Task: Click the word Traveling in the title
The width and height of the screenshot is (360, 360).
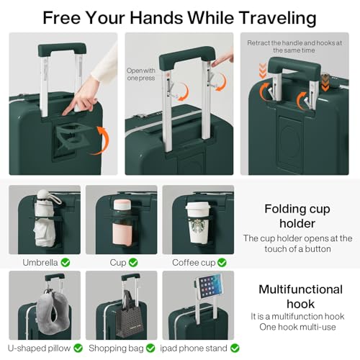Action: coord(274,17)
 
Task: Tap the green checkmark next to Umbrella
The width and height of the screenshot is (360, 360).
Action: coord(66,262)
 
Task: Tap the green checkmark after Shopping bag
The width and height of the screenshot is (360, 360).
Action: coord(150,348)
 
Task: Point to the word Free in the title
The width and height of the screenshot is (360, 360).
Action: coord(61,17)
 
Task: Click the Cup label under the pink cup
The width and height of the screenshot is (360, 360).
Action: coord(118,262)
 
